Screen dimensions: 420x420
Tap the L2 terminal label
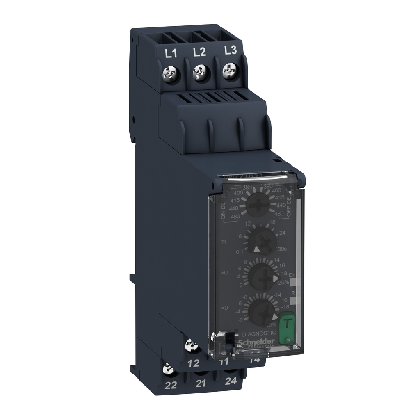(x=199, y=52)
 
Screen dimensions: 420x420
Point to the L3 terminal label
(x=231, y=50)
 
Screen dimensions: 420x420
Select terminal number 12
(x=195, y=363)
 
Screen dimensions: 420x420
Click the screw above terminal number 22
(x=168, y=370)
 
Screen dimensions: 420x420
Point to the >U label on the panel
(x=224, y=272)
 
